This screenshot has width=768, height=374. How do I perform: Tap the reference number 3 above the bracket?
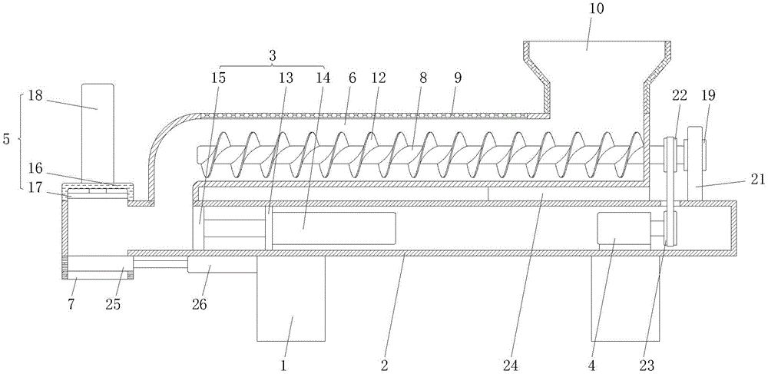[x=272, y=55]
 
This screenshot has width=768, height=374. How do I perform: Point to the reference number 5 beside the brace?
[x=6, y=141]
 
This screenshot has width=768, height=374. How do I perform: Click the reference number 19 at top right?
[x=709, y=95]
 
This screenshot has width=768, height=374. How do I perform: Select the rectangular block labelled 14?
[x=334, y=229]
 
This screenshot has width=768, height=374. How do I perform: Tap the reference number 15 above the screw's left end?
[x=220, y=77]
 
